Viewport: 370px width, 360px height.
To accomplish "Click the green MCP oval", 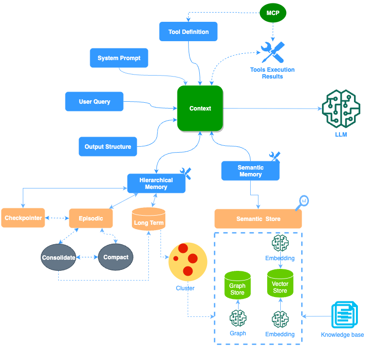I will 273,13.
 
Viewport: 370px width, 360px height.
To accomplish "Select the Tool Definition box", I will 188,32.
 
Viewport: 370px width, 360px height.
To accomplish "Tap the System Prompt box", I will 119,58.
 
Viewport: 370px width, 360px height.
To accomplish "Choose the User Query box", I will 95,102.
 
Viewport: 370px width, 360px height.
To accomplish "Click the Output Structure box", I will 108,147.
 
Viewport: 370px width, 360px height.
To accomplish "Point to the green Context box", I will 200,109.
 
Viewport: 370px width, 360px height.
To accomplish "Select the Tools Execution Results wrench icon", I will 273,53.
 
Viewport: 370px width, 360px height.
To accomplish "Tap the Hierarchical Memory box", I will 156,184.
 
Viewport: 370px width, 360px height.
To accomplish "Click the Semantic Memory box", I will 250,171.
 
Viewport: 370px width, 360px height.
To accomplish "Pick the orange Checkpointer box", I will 23,219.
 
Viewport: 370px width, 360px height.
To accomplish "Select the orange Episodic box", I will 91,219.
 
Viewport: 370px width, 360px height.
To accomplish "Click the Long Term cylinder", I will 149,219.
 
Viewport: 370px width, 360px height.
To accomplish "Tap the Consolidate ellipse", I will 58,257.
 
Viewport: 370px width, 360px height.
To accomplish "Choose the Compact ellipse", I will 115,257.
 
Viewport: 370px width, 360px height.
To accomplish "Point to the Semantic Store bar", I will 258,219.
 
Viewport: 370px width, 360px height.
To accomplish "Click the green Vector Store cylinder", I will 280,284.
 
